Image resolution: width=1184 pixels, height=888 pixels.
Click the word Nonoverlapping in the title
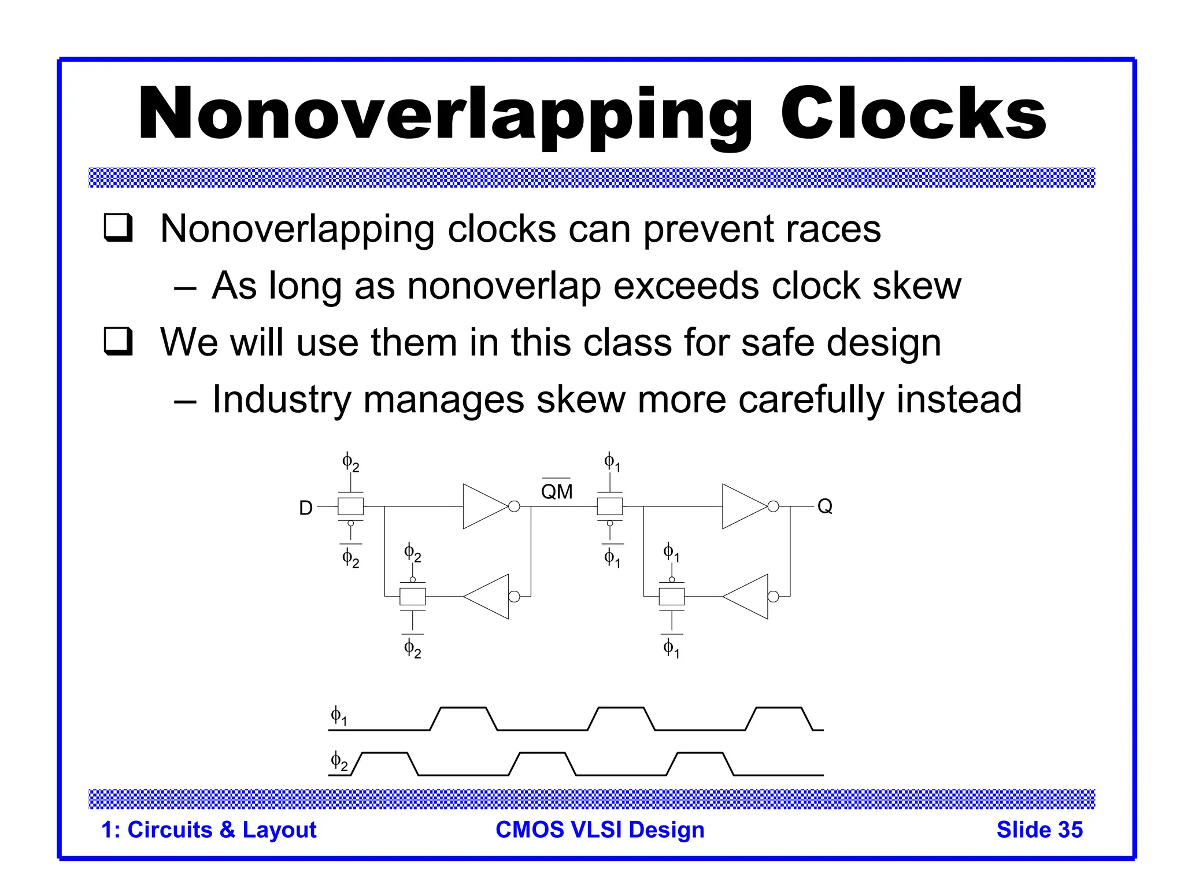click(x=445, y=114)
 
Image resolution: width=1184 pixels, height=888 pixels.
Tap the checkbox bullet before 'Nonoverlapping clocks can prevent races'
click(x=119, y=228)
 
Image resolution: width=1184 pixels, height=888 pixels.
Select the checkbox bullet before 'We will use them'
click(x=119, y=341)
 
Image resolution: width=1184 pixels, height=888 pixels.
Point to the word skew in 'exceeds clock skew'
click(x=916, y=286)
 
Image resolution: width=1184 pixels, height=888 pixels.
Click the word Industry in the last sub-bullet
click(x=281, y=400)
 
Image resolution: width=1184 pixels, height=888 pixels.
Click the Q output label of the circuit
click(x=824, y=506)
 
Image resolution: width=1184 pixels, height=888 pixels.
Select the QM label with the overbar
click(x=556, y=491)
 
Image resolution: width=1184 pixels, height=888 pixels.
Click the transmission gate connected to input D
click(x=350, y=506)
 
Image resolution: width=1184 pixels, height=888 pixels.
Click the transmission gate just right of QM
click(x=609, y=506)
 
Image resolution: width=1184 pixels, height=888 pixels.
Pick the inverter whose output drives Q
click(x=746, y=506)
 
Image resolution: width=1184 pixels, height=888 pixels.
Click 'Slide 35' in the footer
click(x=1039, y=830)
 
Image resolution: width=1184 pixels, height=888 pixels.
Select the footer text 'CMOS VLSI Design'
click(x=600, y=830)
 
